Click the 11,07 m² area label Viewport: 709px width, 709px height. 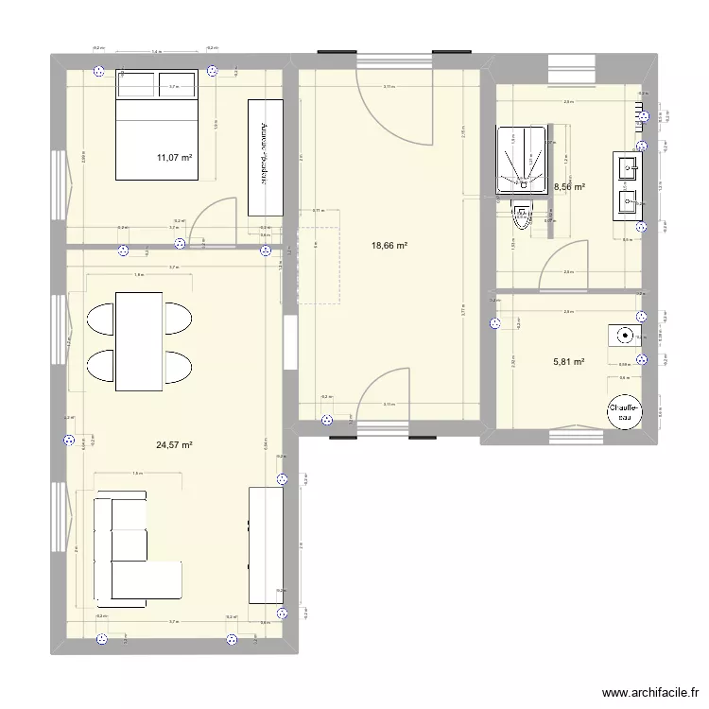coord(175,159)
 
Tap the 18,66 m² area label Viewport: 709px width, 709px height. coord(389,246)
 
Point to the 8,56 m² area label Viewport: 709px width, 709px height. coord(569,187)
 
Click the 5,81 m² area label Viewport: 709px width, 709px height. coord(569,360)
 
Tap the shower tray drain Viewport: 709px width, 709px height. coord(519,176)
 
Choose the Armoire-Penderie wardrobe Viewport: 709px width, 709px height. coord(266,156)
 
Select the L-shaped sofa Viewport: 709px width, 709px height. coord(128,548)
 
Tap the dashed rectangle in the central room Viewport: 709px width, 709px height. coord(318,256)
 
